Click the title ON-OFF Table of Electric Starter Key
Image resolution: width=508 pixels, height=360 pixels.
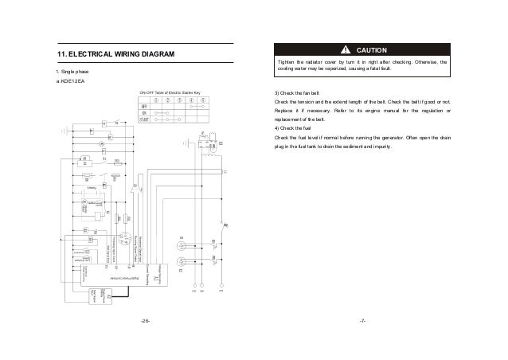[x=170, y=92]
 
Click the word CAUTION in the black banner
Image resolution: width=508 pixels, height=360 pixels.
[x=372, y=49]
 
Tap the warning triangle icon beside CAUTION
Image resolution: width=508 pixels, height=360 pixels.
[x=344, y=49]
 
